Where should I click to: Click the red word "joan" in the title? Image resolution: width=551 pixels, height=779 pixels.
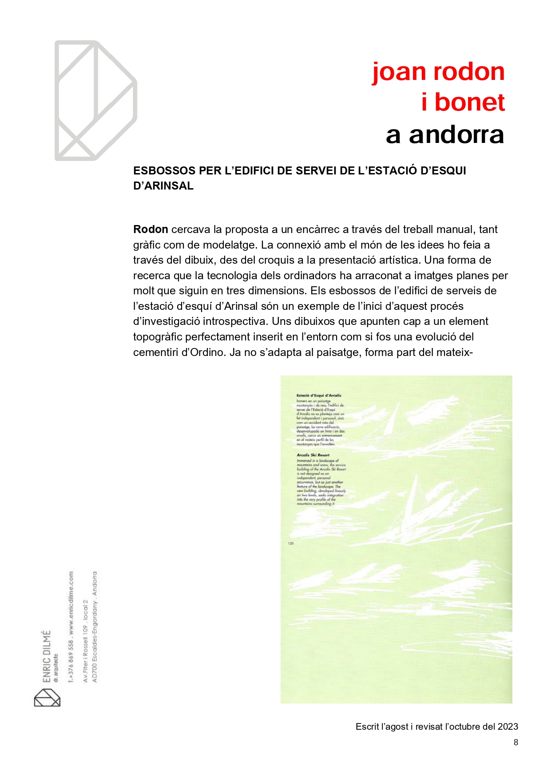click(400, 72)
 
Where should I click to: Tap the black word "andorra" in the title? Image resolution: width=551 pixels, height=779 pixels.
click(456, 134)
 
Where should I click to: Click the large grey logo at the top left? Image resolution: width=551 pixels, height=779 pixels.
click(95, 101)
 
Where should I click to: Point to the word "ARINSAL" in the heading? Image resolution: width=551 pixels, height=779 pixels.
click(168, 186)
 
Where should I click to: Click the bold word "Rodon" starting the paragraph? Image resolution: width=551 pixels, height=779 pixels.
click(151, 229)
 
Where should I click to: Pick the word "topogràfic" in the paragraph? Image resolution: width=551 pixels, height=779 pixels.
click(158, 337)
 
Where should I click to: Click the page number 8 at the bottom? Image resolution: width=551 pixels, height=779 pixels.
click(515, 742)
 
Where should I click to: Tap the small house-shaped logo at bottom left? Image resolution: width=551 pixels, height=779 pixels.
click(47, 697)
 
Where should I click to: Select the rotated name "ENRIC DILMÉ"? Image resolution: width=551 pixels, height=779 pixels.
click(47, 656)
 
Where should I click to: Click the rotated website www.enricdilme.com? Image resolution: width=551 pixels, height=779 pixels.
click(71, 604)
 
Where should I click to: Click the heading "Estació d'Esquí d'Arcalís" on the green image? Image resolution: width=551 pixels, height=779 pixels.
click(319, 395)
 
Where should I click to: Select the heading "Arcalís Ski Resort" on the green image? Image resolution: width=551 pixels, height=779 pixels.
click(313, 455)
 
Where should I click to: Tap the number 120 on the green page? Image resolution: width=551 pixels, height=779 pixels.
click(291, 543)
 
